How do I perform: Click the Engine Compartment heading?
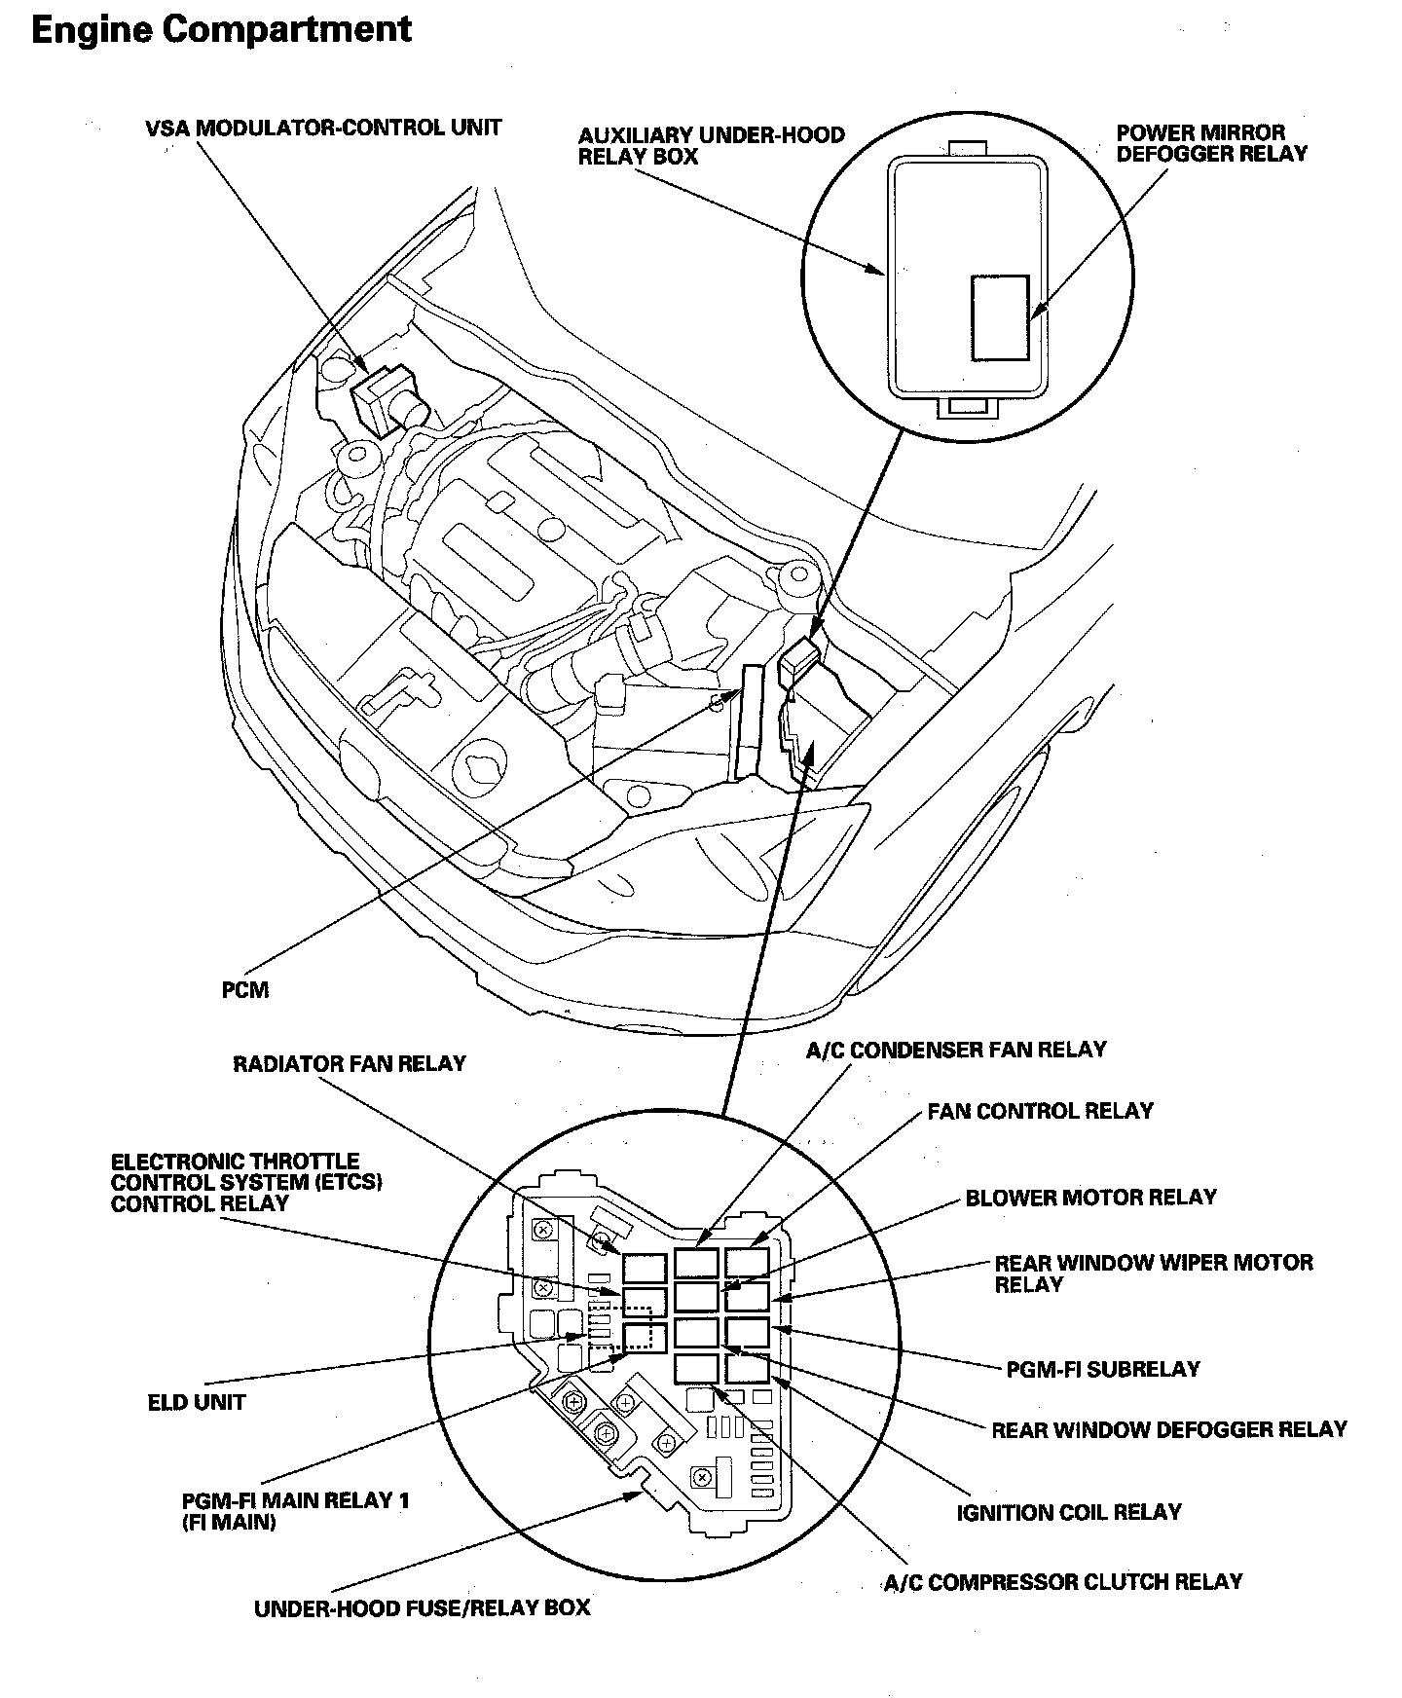click(222, 30)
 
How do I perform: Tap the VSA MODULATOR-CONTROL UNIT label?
click(323, 128)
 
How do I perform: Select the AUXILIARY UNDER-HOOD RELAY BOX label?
click(711, 145)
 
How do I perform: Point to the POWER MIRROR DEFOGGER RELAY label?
click(1211, 142)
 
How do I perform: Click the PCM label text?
click(245, 990)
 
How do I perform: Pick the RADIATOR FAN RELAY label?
click(350, 1063)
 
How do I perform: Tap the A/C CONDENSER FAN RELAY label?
click(956, 1050)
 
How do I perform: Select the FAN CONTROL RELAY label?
click(1040, 1111)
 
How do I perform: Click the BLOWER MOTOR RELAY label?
click(1090, 1198)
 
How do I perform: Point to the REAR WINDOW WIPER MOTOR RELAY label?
click(1153, 1273)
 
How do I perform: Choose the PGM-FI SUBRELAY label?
click(1103, 1369)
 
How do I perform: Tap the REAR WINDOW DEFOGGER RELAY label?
click(1168, 1429)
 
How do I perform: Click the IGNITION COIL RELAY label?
click(1069, 1512)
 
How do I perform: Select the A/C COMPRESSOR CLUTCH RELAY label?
click(1063, 1582)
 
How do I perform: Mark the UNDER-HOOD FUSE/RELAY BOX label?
click(423, 1607)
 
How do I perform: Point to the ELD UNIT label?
click(197, 1403)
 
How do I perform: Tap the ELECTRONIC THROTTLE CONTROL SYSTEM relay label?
click(246, 1182)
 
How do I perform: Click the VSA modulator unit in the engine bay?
click(380, 398)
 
